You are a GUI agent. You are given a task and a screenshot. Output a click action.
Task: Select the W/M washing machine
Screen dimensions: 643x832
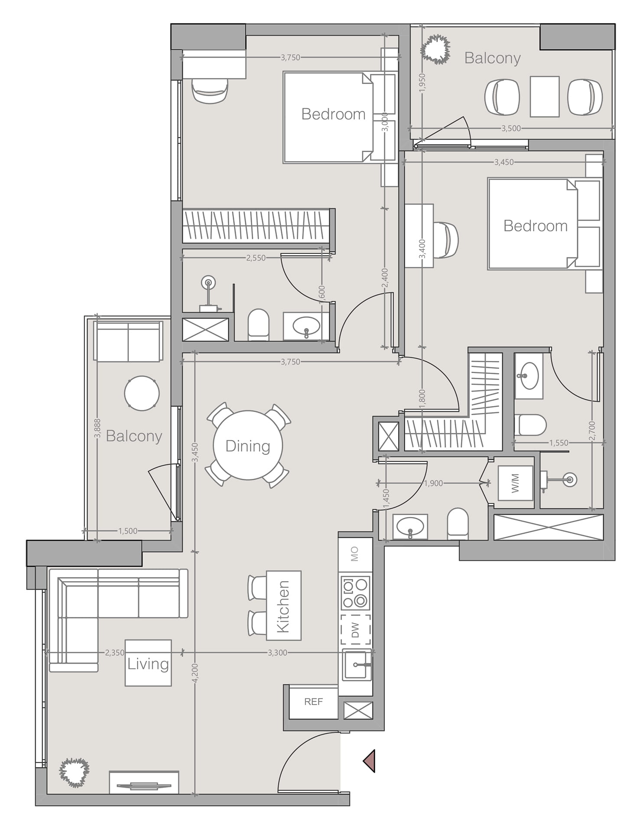pos(515,483)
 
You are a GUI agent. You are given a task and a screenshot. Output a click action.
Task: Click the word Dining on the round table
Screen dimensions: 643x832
pos(248,446)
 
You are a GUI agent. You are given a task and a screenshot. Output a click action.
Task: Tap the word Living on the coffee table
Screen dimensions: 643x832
pos(148,664)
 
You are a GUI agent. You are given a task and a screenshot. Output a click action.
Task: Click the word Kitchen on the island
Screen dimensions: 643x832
pos(283,607)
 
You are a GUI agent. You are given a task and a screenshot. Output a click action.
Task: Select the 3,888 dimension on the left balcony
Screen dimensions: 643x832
pos(97,428)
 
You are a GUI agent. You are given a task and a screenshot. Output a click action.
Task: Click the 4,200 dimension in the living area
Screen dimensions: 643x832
pos(195,673)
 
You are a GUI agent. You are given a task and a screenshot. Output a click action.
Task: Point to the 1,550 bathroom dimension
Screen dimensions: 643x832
pos(559,443)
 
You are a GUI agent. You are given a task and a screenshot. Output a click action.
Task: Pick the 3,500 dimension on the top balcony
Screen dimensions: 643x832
pos(511,128)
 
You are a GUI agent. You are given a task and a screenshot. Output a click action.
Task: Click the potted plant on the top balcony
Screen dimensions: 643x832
pos(435,49)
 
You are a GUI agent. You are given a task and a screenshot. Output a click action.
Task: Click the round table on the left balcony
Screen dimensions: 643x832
pos(142,393)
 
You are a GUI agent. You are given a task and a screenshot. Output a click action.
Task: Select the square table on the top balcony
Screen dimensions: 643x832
pos(545,97)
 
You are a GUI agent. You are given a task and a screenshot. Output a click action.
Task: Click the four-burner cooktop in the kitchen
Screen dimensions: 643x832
pos(356,592)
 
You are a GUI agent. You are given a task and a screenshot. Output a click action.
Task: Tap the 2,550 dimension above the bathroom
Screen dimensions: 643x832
pos(256,258)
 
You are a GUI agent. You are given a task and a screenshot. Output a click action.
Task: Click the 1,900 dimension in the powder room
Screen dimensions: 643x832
pos(433,483)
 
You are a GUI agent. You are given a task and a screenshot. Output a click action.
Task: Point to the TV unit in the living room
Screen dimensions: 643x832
pos(144,782)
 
